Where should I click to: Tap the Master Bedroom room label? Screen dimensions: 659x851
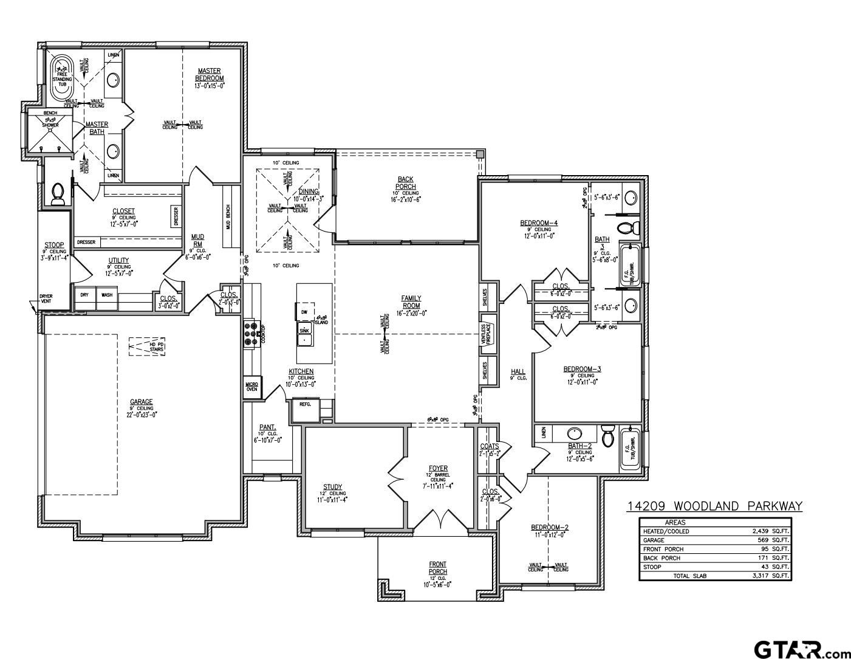[210, 74]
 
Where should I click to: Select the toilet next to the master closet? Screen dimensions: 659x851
[58, 194]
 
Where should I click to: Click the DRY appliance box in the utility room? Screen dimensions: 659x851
[84, 295]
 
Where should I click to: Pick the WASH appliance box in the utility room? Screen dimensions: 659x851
[107, 295]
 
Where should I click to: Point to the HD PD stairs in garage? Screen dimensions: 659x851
[147, 347]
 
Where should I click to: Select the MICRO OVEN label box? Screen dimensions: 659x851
[251, 387]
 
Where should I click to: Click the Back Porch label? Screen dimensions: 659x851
[406, 183]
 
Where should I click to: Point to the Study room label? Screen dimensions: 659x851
[332, 487]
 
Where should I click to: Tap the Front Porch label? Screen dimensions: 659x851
[437, 568]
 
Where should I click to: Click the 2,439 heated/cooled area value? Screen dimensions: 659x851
[759, 531]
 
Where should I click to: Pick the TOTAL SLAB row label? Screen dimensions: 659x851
[689, 576]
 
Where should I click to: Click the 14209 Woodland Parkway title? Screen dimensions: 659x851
[714, 506]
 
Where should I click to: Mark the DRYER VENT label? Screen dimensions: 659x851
[46, 299]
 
